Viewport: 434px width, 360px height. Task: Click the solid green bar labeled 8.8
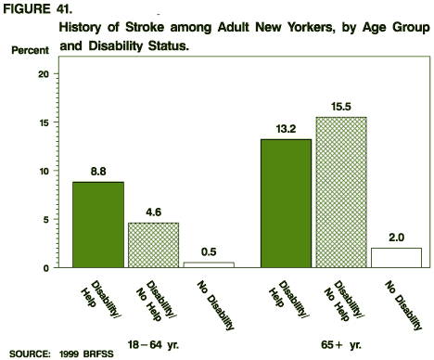point(97,225)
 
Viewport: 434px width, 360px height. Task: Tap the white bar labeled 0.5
point(209,264)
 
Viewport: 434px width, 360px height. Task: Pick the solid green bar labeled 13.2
point(286,203)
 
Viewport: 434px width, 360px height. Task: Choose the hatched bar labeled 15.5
point(341,192)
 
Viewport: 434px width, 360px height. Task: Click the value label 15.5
point(341,108)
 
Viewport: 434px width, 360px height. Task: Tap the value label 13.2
point(286,130)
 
